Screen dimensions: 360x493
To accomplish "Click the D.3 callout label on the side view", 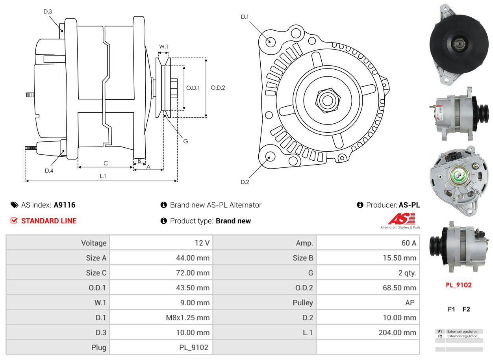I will click(48, 11).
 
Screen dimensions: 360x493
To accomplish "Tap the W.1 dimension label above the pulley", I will click(163, 46).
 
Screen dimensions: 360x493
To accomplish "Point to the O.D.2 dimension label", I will click(218, 87).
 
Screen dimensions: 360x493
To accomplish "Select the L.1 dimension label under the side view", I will click(103, 176).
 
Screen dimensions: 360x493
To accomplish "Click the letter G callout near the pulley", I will click(185, 141).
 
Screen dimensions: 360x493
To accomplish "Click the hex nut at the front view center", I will click(326, 100).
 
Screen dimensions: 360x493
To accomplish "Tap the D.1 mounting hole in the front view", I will click(270, 41).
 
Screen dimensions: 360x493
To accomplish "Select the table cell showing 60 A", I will click(408, 243).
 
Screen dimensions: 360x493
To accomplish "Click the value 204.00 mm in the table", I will click(397, 332).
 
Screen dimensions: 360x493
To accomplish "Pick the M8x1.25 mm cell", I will click(187, 317).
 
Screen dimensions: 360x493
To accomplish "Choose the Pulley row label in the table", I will click(303, 302).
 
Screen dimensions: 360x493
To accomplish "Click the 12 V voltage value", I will click(202, 243).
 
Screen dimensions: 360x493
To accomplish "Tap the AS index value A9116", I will click(65, 205).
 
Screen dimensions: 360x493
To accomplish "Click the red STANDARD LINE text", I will click(49, 221).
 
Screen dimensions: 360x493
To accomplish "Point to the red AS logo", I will click(401, 219).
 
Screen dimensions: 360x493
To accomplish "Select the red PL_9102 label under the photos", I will click(458, 285).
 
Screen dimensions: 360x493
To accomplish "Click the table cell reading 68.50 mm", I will click(400, 288).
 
